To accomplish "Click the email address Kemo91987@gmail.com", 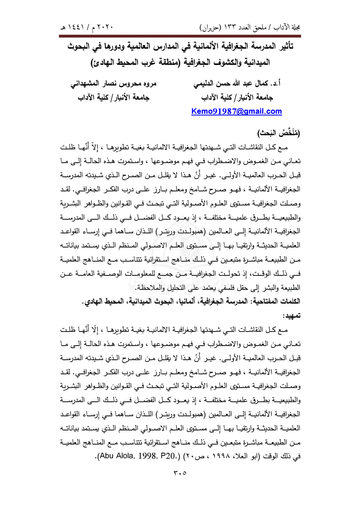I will coord(237,111).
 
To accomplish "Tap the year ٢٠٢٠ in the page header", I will coord(105,29).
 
